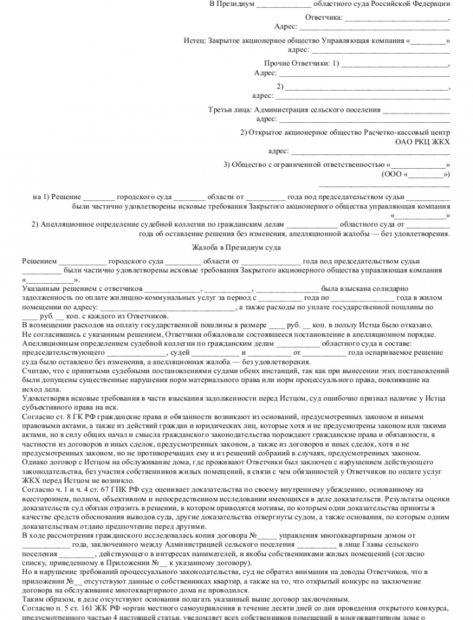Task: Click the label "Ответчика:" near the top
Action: [x=324, y=16]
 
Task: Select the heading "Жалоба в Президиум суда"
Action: [x=236, y=247]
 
